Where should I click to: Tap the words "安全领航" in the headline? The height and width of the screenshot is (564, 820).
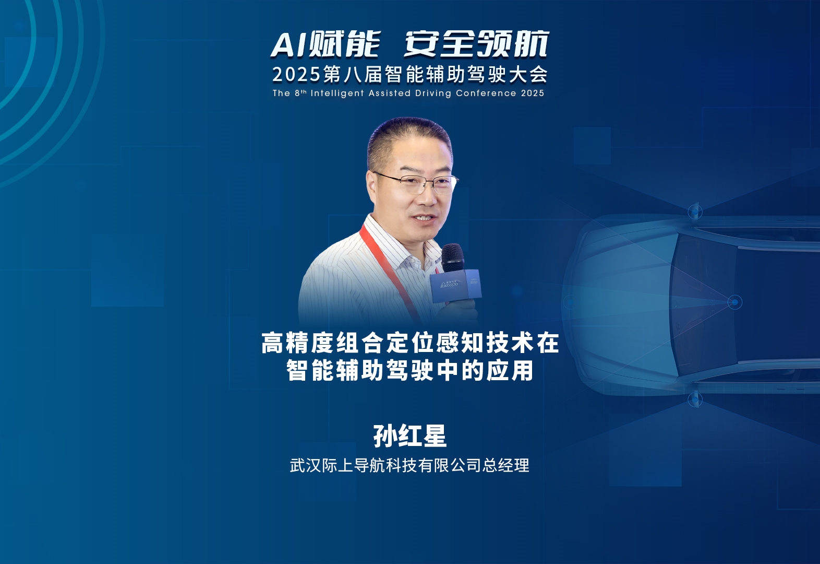pyautogui.click(x=476, y=44)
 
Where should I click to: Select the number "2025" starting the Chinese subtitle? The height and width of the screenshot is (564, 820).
pyautogui.click(x=296, y=75)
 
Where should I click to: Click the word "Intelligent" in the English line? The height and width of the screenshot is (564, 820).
pyautogui.click(x=337, y=93)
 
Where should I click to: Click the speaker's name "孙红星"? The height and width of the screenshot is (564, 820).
pyautogui.click(x=410, y=436)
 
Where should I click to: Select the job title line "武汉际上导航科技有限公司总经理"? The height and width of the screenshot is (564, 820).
pyautogui.click(x=409, y=465)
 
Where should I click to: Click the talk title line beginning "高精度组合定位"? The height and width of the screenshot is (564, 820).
pyautogui.click(x=410, y=343)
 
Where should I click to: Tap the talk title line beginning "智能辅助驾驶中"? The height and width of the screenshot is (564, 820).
pyautogui.click(x=410, y=370)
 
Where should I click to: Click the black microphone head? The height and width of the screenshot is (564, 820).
pyautogui.click(x=452, y=257)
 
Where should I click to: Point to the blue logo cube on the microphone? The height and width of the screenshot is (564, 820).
pyautogui.click(x=455, y=286)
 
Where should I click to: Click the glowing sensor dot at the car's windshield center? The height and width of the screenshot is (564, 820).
pyautogui.click(x=734, y=302)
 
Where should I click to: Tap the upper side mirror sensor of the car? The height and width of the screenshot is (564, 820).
pyautogui.click(x=695, y=211)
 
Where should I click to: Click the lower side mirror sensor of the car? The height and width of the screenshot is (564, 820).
pyautogui.click(x=695, y=399)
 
